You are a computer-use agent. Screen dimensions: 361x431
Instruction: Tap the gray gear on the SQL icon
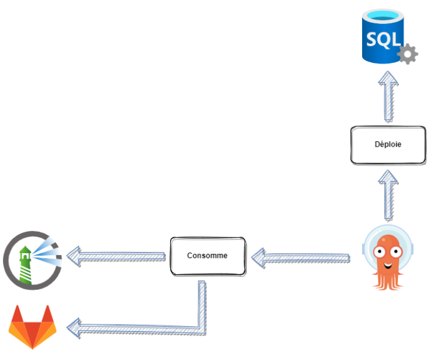click(408, 55)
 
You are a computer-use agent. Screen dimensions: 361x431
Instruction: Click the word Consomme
click(207, 256)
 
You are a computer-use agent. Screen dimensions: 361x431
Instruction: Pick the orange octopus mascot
click(387, 260)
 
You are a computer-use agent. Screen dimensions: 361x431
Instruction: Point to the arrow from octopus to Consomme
click(300, 259)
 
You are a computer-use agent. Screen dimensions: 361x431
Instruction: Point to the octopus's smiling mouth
click(388, 264)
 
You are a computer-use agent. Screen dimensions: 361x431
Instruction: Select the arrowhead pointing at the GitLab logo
click(74, 327)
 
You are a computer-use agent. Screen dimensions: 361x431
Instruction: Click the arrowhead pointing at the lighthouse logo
click(74, 256)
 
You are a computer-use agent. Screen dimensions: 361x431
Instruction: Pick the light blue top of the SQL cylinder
click(384, 16)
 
